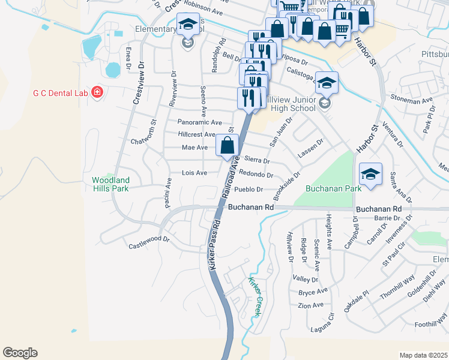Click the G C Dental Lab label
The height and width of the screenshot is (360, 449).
[x=60, y=92]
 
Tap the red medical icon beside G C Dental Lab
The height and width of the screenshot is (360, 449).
[x=97, y=92]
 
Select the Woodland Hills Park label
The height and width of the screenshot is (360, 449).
[x=110, y=184]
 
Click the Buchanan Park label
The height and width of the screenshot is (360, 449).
[x=333, y=188]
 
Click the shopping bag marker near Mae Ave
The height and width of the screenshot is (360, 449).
[x=228, y=145]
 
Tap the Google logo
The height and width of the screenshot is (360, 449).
[x=20, y=353]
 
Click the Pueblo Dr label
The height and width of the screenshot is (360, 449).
[x=249, y=190]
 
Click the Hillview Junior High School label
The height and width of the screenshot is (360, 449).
[x=291, y=103]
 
